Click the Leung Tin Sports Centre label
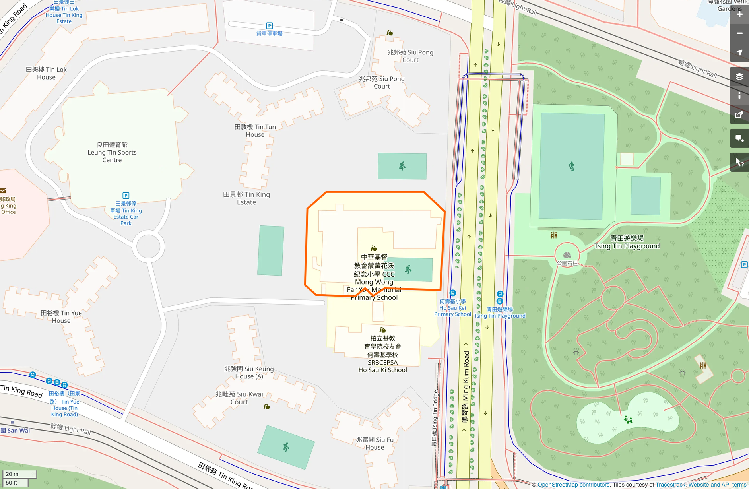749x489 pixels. pyautogui.click(x=112, y=152)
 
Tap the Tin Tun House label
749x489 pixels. pyautogui.click(x=255, y=131)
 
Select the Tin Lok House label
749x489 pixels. pyautogui.click(x=46, y=73)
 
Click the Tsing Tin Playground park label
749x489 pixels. pyautogui.click(x=627, y=242)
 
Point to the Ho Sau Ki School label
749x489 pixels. pyautogui.click(x=382, y=354)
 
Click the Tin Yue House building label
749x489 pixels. pyautogui.click(x=61, y=317)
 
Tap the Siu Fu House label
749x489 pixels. pyautogui.click(x=374, y=443)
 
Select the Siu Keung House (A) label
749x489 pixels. pyautogui.click(x=249, y=373)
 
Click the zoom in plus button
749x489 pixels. pyautogui.click(x=739, y=14)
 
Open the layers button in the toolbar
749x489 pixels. pyautogui.click(x=739, y=76)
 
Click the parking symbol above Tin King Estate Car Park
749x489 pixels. pyautogui.click(x=126, y=195)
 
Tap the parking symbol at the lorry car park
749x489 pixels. pyautogui.click(x=270, y=26)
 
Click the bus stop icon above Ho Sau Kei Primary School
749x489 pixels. pyautogui.click(x=452, y=293)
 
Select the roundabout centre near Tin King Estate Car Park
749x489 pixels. pyautogui.click(x=148, y=246)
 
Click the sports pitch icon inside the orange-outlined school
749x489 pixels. pyautogui.click(x=408, y=270)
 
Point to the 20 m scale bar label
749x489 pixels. pyautogui.click(x=12, y=474)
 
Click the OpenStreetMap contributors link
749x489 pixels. pyautogui.click(x=573, y=485)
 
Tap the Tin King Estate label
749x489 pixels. pyautogui.click(x=246, y=198)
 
